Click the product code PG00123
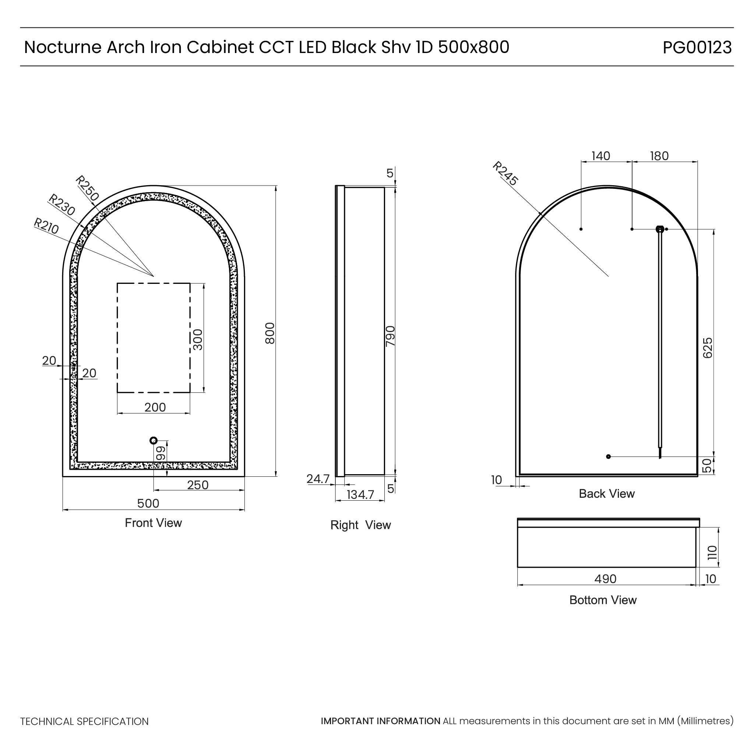point(697,47)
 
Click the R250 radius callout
point(87,188)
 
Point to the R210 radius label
point(46,226)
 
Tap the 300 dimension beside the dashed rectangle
point(198,339)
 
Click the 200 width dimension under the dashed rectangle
point(155,408)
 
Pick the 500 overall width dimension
point(148,503)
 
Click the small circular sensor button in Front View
point(154,441)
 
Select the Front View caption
point(154,523)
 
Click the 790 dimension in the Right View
point(390,336)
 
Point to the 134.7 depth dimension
point(360,495)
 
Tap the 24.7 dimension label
point(318,479)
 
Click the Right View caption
point(360,525)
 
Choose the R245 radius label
point(505,173)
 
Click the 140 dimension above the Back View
point(600,156)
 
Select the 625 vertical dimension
point(708,348)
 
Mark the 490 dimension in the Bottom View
point(605,579)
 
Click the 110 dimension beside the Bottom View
point(712,553)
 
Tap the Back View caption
point(606,494)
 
